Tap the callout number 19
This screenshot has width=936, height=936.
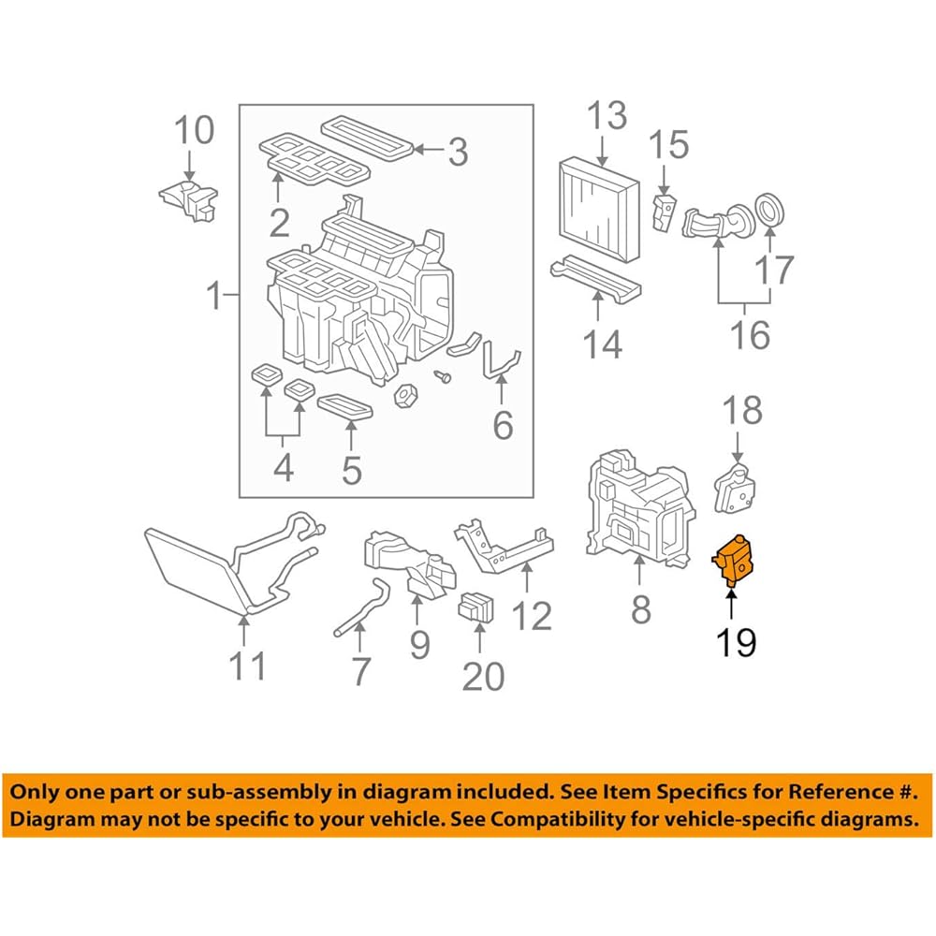(x=735, y=642)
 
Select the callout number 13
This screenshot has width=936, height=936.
(x=607, y=118)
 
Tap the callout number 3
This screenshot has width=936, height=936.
(x=457, y=152)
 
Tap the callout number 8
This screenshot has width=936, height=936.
(x=640, y=609)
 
